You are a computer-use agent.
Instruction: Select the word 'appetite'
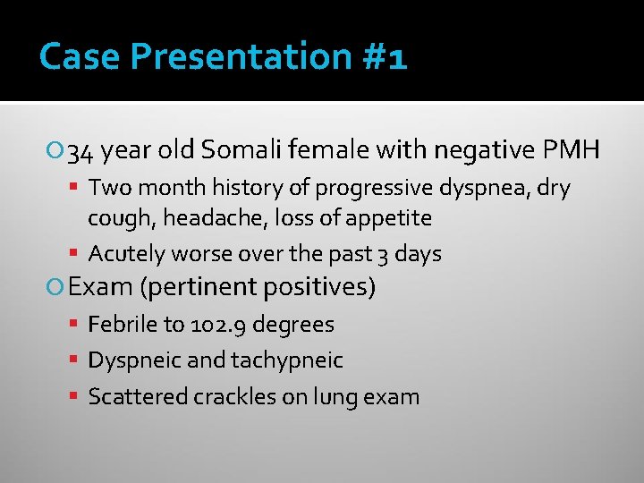click(389, 218)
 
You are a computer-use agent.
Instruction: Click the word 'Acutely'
click(127, 254)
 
